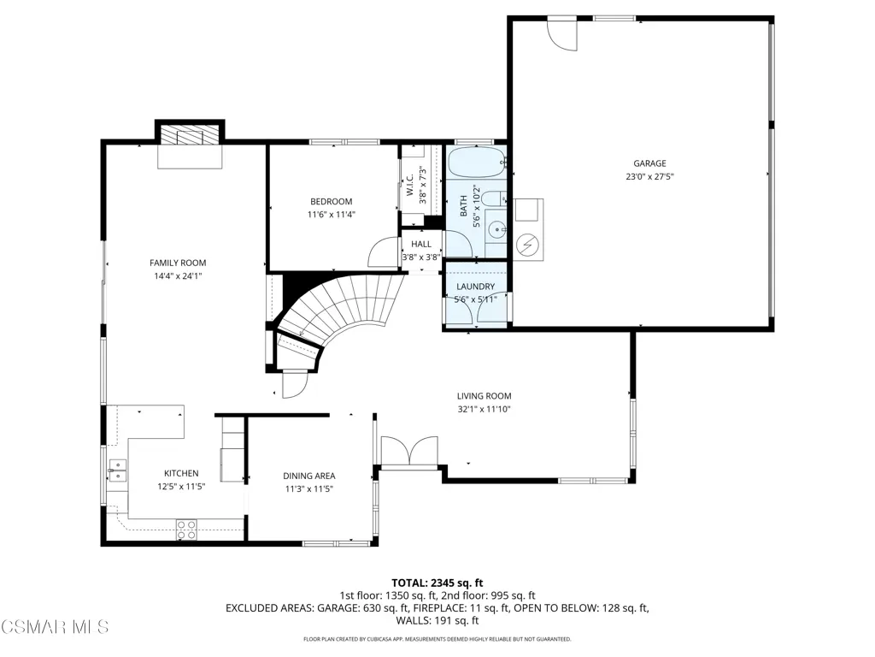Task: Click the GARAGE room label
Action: pyautogui.click(x=649, y=163)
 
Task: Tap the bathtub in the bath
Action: pyautogui.click(x=476, y=162)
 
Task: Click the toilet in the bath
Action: pyautogui.click(x=493, y=198)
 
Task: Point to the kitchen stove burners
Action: pyautogui.click(x=186, y=530)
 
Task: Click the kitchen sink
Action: pyautogui.click(x=117, y=471)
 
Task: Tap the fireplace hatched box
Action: pyautogui.click(x=189, y=135)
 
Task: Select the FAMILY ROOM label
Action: pyautogui.click(x=178, y=263)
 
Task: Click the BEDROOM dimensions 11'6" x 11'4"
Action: pyautogui.click(x=332, y=215)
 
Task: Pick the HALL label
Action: pyautogui.click(x=421, y=244)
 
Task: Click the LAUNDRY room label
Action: pyautogui.click(x=475, y=287)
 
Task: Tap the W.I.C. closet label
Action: pyautogui.click(x=409, y=185)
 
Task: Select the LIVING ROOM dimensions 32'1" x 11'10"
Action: pyautogui.click(x=484, y=409)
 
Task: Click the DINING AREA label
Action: pyautogui.click(x=309, y=476)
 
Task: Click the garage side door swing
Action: pyautogui.click(x=562, y=34)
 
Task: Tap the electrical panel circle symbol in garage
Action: pyautogui.click(x=526, y=244)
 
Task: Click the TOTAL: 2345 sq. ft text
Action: pyautogui.click(x=437, y=583)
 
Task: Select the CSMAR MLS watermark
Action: pyautogui.click(x=55, y=626)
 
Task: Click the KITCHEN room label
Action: pyautogui.click(x=181, y=473)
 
